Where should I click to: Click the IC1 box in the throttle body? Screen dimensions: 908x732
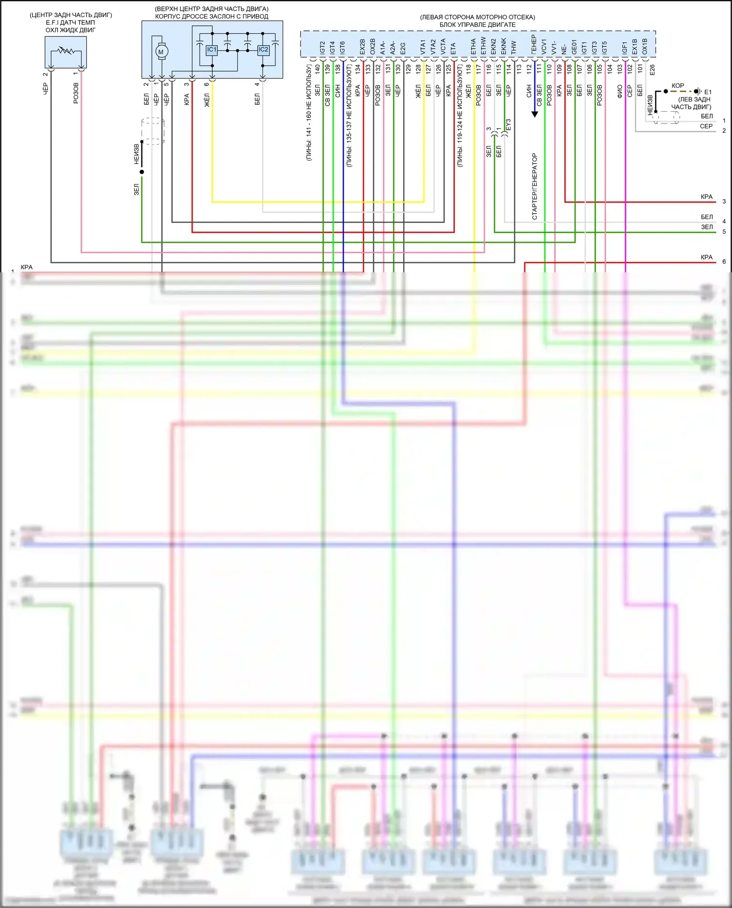(211, 50)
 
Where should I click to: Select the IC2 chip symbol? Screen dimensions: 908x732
(263, 50)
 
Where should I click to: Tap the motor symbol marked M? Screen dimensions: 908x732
(161, 52)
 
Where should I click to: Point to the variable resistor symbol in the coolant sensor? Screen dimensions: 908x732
(65, 50)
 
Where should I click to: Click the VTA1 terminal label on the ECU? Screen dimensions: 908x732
(423, 47)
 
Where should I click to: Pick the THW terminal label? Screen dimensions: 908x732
(514, 47)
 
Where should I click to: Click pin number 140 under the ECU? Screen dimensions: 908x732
(318, 69)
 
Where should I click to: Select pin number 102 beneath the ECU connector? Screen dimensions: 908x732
(630, 69)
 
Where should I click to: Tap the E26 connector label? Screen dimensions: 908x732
(652, 70)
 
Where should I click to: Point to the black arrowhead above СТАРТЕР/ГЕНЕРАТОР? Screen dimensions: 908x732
(535, 114)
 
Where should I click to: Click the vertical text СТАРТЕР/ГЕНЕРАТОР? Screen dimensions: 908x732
(535, 186)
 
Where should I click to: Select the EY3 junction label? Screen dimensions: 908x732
(508, 125)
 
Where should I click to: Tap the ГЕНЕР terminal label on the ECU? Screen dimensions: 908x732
(534, 45)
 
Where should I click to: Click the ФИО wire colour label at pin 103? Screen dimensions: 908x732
(620, 91)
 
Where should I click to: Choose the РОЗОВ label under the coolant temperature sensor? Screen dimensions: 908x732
(76, 93)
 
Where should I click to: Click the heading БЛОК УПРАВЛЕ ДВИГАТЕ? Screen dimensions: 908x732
(477, 24)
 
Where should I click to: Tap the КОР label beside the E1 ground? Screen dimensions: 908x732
(678, 86)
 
